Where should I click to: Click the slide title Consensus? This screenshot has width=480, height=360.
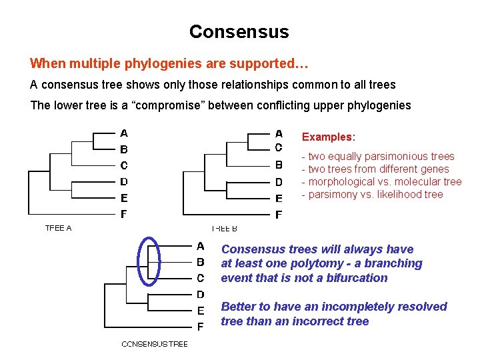[x=239, y=32]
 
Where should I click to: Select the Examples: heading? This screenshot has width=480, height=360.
[x=329, y=137]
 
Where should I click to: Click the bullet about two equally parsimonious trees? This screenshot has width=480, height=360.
[x=378, y=157]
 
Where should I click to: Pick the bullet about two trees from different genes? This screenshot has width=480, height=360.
[x=375, y=169]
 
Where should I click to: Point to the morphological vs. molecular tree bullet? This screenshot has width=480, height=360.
[x=381, y=182]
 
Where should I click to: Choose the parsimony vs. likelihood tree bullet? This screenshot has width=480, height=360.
[x=372, y=195]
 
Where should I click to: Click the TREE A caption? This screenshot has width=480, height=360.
[x=58, y=228]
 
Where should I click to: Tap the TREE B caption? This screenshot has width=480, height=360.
[x=224, y=228]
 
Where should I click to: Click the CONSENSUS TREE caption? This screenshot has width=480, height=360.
[x=155, y=344]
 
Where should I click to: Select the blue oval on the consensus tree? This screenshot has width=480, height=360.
[x=149, y=261]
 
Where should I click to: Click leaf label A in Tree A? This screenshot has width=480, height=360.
[x=123, y=133]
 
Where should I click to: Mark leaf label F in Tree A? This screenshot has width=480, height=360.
[x=123, y=215]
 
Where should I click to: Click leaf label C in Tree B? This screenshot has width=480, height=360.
[x=279, y=147]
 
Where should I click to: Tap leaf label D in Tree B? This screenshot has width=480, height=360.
[x=279, y=181]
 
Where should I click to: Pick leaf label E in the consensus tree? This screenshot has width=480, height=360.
[x=200, y=311]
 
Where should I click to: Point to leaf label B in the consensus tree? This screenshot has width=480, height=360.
[x=200, y=262]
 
